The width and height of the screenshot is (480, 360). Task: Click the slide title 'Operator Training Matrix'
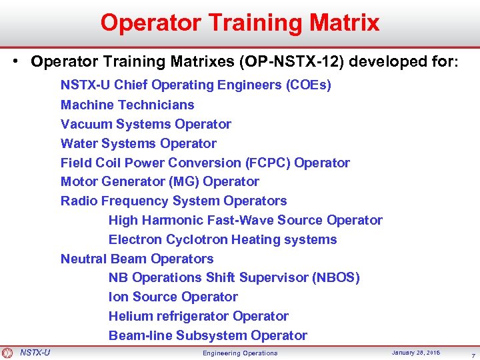tap(240, 23)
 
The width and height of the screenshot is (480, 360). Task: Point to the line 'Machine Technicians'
tap(127, 105)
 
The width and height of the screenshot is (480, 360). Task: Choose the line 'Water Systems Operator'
tap(138, 143)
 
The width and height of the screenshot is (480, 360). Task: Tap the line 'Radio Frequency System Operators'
tap(173, 201)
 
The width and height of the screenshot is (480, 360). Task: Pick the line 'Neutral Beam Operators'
tap(137, 259)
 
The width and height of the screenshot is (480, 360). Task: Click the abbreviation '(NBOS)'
tap(336, 277)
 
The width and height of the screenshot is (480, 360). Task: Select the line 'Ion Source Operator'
tap(173, 297)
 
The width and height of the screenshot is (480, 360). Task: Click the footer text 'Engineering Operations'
tap(240, 353)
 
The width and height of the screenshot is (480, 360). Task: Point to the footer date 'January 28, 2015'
tap(415, 352)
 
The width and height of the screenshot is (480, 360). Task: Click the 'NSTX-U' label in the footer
tap(35, 352)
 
